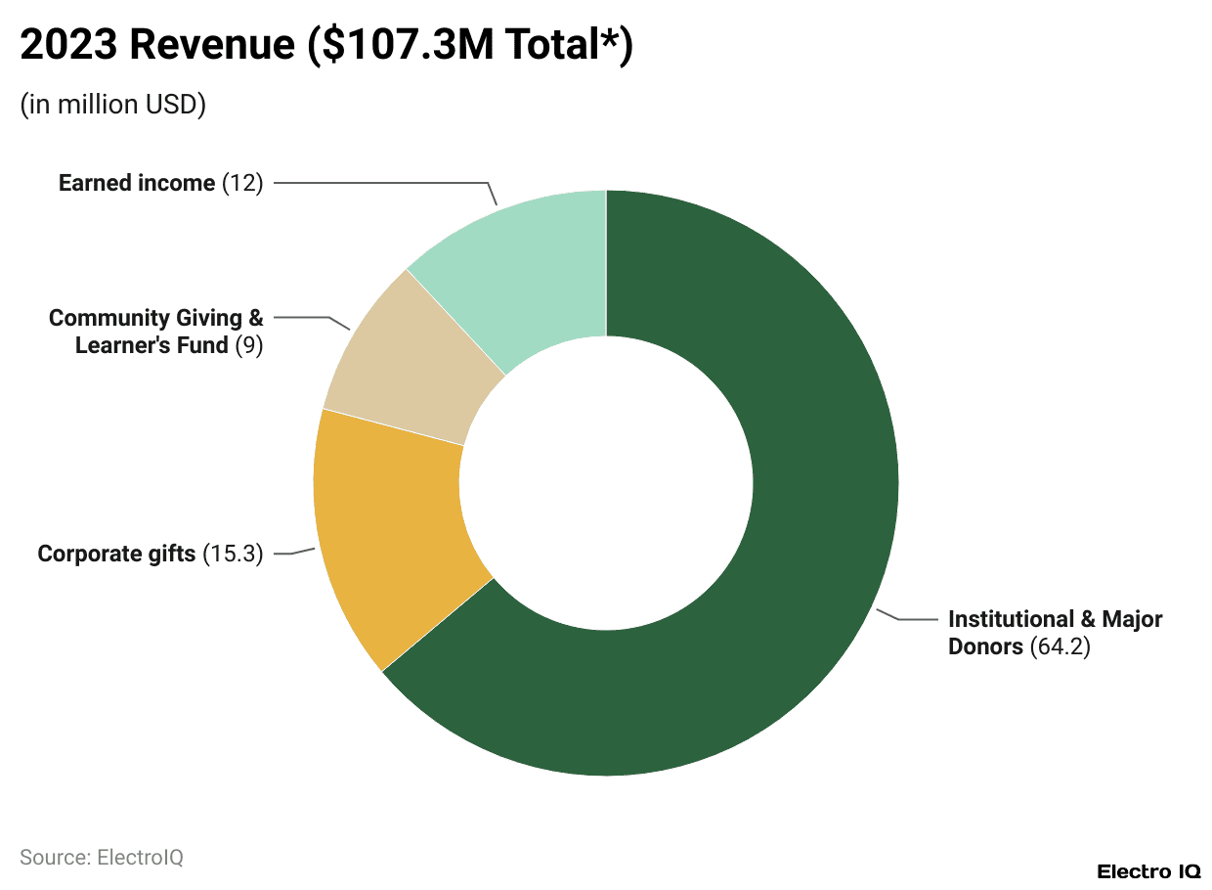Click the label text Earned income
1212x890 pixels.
tap(136, 183)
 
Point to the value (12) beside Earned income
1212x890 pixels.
tap(243, 183)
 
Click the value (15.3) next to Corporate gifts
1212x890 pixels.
tap(233, 554)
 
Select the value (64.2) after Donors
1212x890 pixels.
tap(1060, 646)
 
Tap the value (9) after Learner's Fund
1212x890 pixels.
tap(249, 345)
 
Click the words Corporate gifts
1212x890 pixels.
tap(116, 554)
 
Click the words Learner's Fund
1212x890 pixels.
tap(151, 345)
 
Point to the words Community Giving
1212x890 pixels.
tap(146, 318)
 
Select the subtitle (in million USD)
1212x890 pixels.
tap(112, 105)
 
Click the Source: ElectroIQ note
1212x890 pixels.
tap(102, 858)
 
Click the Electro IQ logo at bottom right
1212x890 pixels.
tap(1147, 870)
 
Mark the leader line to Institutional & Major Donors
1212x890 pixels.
tap(914, 619)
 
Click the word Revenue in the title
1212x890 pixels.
tap(211, 46)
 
